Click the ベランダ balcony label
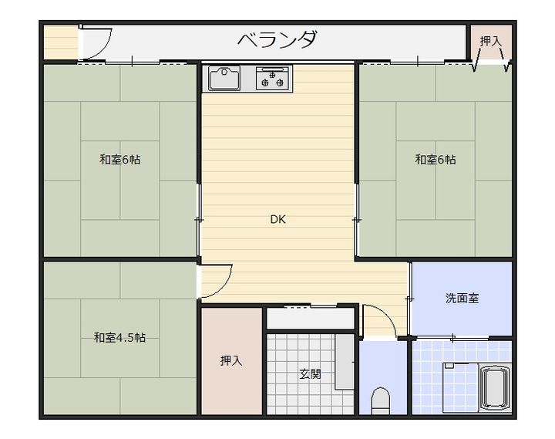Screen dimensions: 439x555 click(277, 40)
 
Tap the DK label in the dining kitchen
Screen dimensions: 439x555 click(277, 219)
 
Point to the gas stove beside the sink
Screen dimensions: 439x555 click(273, 79)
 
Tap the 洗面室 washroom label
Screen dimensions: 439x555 click(462, 298)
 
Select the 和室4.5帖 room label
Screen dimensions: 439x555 click(120, 337)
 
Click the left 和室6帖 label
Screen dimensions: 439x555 click(119, 160)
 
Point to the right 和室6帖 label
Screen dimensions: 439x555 click(436, 160)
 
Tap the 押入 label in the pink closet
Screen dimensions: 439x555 click(231, 360)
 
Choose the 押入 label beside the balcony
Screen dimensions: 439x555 click(491, 40)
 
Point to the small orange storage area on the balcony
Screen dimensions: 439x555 click(60, 43)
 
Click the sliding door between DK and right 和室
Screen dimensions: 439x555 click(356, 219)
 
